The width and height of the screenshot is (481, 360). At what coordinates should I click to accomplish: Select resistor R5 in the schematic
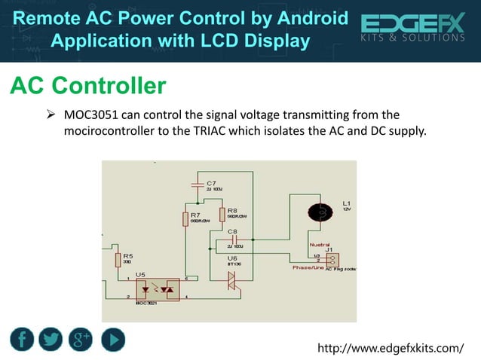pos(118,260)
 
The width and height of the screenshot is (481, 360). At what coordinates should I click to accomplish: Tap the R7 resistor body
pos(185,218)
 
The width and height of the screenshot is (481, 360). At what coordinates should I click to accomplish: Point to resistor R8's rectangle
pos(222,215)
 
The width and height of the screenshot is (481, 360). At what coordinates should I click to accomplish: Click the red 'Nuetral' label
pos(319,245)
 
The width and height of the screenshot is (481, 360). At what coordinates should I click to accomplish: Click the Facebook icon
pos(23,340)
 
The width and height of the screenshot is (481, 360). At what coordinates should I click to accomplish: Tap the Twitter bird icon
pos(51,340)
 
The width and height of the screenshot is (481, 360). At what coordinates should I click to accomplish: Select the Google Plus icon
pos(81,340)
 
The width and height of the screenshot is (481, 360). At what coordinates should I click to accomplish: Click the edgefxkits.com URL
pos(391,348)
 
